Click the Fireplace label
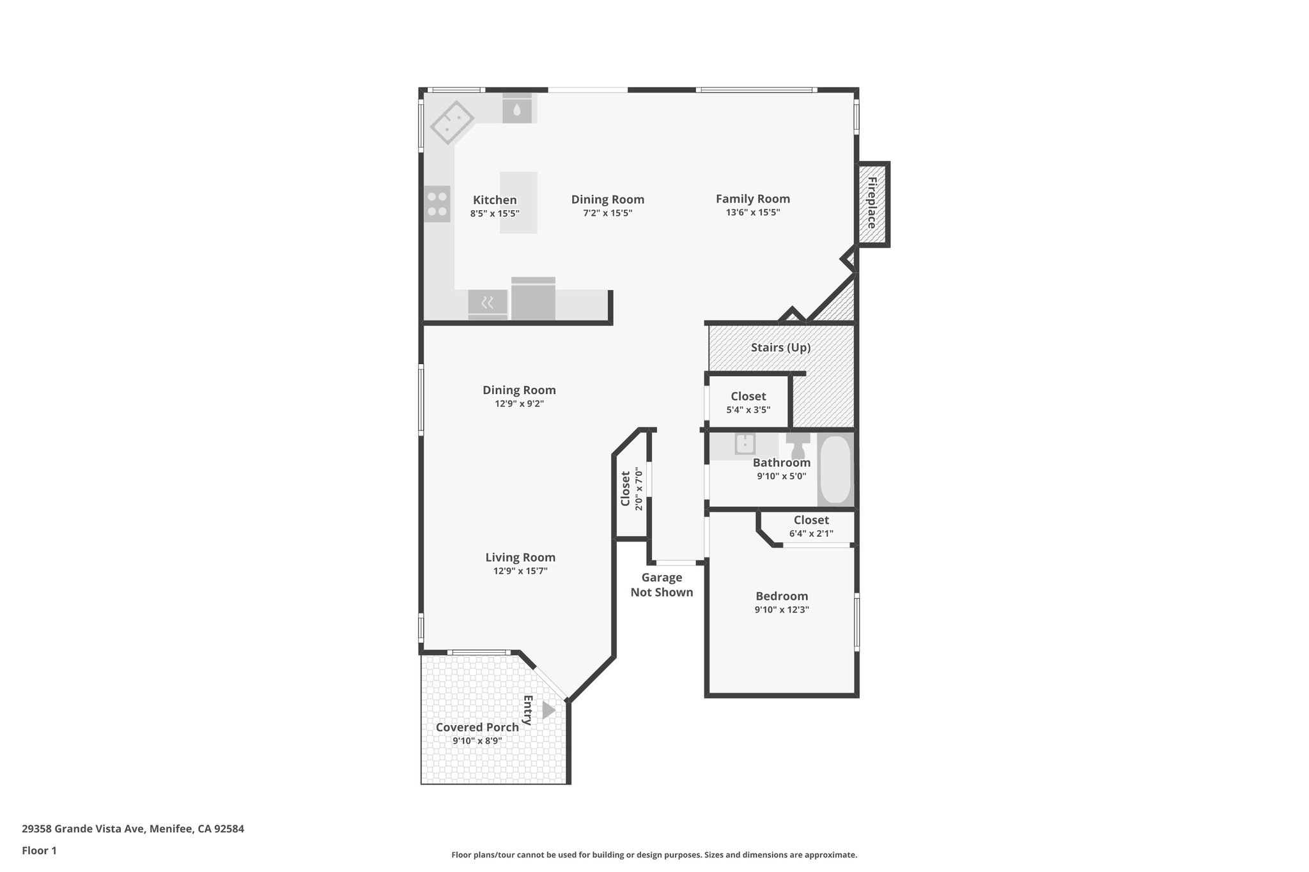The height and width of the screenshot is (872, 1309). pyautogui.click(x=871, y=203)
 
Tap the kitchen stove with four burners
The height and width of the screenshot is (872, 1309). pyautogui.click(x=437, y=204)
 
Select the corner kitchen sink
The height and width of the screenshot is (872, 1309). pyautogui.click(x=452, y=123)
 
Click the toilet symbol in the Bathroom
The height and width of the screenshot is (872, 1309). pyautogui.click(x=798, y=445)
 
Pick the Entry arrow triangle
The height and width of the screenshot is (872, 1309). pyautogui.click(x=548, y=710)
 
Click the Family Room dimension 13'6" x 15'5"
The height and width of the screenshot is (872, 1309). pyautogui.click(x=752, y=213)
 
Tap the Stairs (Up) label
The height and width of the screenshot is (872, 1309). pyautogui.click(x=780, y=348)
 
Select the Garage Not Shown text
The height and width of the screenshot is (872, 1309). pyautogui.click(x=662, y=585)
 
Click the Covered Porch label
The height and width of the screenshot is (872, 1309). pyautogui.click(x=477, y=727)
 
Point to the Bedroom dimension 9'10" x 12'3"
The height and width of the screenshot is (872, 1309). pyautogui.click(x=781, y=609)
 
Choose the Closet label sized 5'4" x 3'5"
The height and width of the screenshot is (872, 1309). pyautogui.click(x=748, y=396)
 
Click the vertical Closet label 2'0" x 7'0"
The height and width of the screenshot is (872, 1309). pyautogui.click(x=626, y=488)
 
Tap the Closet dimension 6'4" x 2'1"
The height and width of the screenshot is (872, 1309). pyautogui.click(x=811, y=533)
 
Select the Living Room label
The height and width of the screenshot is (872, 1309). pyautogui.click(x=520, y=557)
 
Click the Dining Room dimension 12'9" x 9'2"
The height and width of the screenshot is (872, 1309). pyautogui.click(x=519, y=404)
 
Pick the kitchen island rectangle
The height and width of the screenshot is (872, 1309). pyautogui.click(x=518, y=202)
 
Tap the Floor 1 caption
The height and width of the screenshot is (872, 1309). pyautogui.click(x=39, y=850)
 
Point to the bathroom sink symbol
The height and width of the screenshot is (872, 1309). pyautogui.click(x=745, y=443)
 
